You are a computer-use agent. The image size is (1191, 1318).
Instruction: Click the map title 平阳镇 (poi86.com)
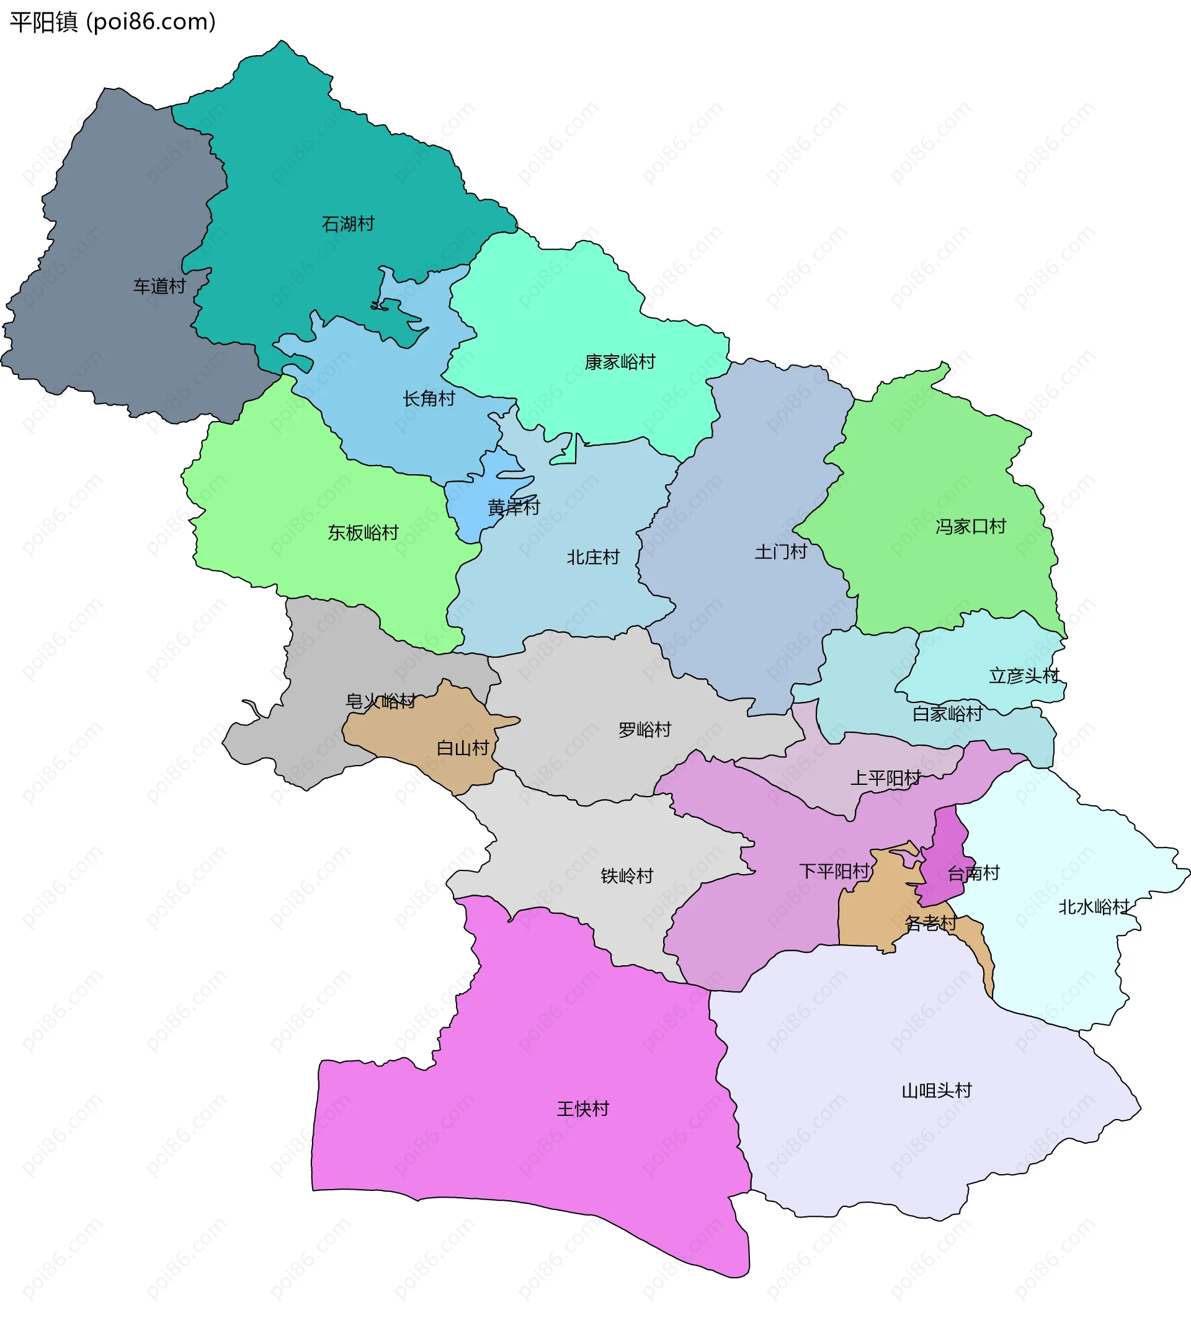click(x=112, y=22)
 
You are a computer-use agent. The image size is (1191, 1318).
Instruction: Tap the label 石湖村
click(x=348, y=224)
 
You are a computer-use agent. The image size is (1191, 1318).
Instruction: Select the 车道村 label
click(x=159, y=286)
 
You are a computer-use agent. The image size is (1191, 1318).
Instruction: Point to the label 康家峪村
click(x=619, y=362)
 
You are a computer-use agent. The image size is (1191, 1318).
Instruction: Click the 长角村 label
click(x=429, y=399)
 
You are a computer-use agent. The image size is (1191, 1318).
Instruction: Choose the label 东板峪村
click(x=363, y=533)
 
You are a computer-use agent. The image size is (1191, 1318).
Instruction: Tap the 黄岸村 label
click(x=514, y=507)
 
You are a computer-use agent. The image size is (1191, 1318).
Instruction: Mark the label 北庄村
click(x=592, y=558)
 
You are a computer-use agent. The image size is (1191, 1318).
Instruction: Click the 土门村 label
click(x=780, y=552)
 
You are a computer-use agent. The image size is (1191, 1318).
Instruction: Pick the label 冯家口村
click(x=970, y=527)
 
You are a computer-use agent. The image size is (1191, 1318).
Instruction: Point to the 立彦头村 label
click(x=1024, y=676)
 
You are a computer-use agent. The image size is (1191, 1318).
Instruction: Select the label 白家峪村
click(x=947, y=714)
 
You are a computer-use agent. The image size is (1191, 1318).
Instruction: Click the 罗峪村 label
click(x=645, y=730)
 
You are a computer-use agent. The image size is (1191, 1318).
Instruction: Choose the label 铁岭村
click(x=627, y=876)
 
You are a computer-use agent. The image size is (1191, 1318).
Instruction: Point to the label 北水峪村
click(x=1094, y=908)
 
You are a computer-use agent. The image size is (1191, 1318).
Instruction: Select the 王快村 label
click(x=582, y=1110)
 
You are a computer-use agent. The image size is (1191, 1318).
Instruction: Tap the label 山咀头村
click(x=937, y=1090)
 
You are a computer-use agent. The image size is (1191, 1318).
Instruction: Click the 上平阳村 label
click(x=885, y=779)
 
